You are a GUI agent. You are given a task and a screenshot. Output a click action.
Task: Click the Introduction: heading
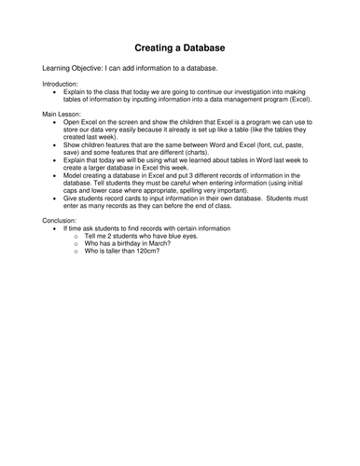(x=62, y=84)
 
